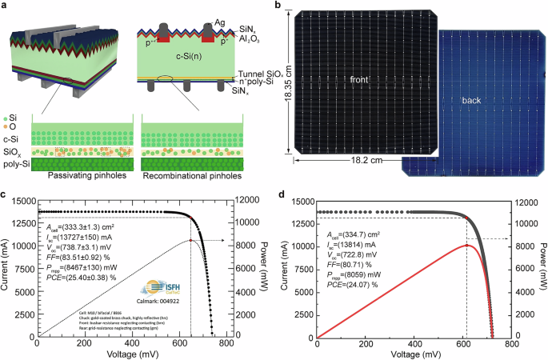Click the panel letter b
[x=278, y=6]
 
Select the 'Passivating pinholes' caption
[x=74, y=174]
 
